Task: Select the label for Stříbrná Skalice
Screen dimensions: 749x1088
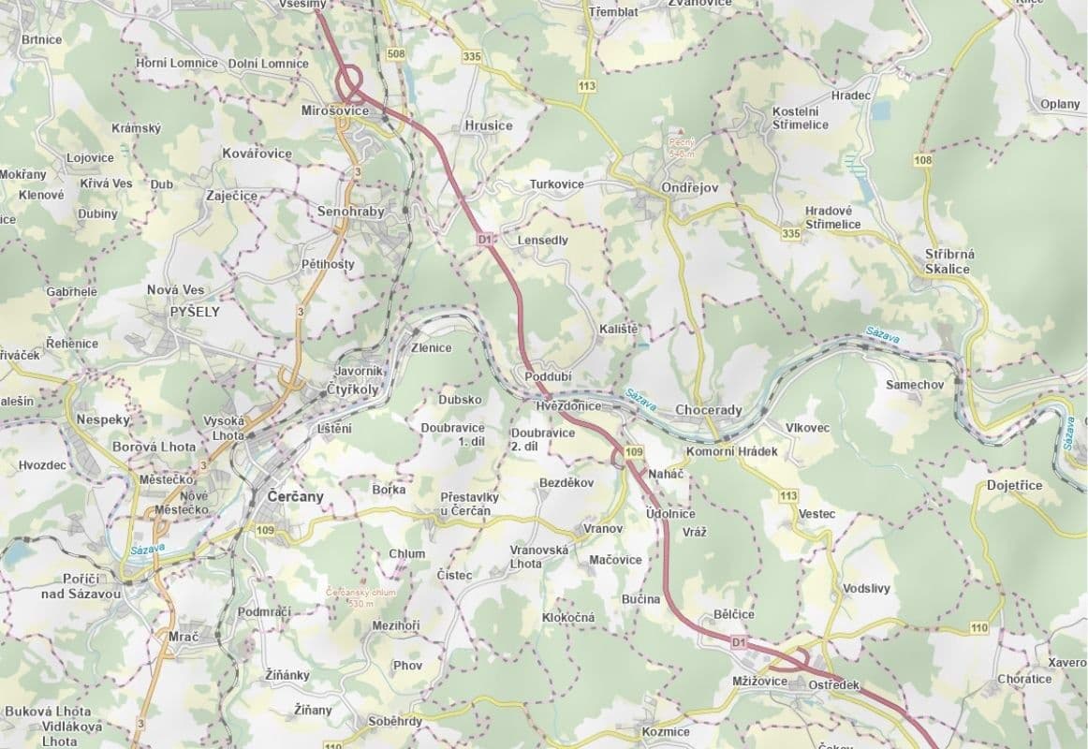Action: pos(949,261)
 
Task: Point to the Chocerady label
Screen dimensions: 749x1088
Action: pos(708,410)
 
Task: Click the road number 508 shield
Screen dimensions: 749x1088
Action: pos(396,54)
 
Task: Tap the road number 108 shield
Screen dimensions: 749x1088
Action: pos(923,160)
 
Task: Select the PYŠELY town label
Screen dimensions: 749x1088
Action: pos(195,312)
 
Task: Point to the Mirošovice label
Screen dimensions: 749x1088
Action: pos(335,111)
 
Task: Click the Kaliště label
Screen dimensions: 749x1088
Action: pos(619,330)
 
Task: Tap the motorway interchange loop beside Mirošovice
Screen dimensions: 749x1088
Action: pos(350,81)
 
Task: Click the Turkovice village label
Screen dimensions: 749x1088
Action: pos(556,184)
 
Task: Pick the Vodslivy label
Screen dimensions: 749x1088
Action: pos(866,589)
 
